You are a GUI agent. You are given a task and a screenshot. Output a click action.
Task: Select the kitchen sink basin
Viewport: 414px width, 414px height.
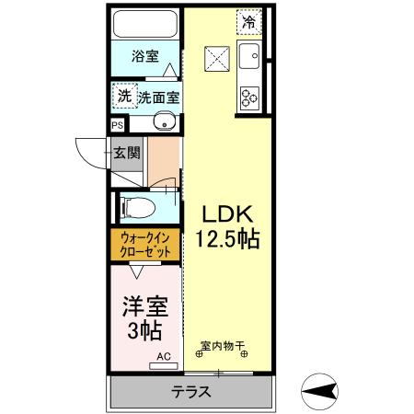[x=249, y=61]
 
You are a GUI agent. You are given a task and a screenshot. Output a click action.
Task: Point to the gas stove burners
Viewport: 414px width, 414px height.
[x=249, y=95]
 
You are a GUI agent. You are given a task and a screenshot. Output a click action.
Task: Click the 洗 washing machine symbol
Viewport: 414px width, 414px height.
[x=123, y=95]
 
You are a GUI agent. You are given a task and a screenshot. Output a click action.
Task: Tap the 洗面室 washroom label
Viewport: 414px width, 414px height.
[x=157, y=96]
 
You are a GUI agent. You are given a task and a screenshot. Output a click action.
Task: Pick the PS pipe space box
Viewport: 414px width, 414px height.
[x=117, y=124]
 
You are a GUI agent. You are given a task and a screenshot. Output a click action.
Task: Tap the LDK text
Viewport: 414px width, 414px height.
[x=224, y=213]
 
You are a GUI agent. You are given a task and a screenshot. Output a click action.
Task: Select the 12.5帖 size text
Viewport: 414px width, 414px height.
[x=226, y=239]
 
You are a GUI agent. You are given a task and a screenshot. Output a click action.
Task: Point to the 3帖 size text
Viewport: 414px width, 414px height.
[x=144, y=331]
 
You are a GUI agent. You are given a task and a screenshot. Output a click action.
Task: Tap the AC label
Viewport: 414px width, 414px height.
[x=162, y=355]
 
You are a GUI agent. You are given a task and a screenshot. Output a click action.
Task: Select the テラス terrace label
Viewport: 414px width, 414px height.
[x=191, y=392]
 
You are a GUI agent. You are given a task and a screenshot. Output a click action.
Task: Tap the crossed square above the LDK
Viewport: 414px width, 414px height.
[x=217, y=58]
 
